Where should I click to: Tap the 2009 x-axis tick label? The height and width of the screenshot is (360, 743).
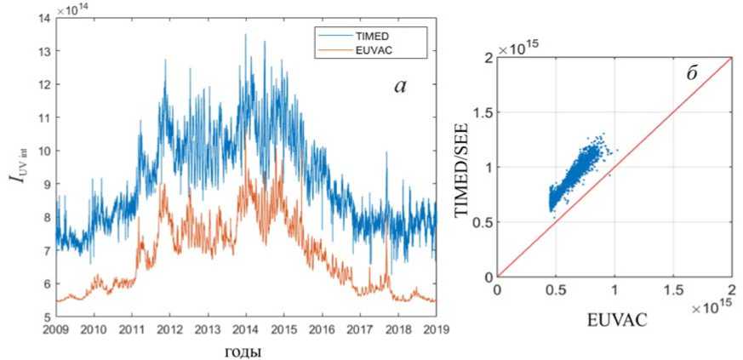[x=55, y=329]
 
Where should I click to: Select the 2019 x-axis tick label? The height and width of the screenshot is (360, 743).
[x=436, y=329]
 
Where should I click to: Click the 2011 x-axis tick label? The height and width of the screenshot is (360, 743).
[x=132, y=329]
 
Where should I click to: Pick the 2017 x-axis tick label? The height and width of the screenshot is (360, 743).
[x=360, y=329]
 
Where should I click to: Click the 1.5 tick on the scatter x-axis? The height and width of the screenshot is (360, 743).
[x=674, y=291]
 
